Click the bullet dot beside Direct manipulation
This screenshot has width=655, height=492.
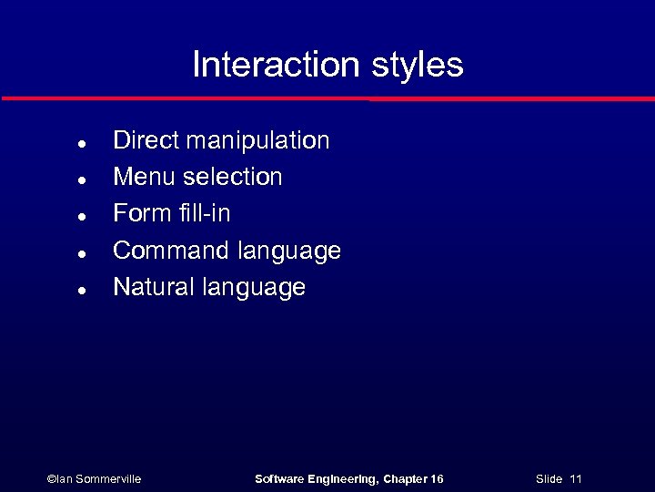point(82,143)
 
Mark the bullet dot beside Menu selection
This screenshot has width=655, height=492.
point(82,179)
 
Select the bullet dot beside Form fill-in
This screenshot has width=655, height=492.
point(82,216)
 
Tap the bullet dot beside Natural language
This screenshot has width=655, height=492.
point(82,290)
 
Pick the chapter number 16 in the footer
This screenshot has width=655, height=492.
point(436,479)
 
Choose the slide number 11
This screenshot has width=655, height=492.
point(575,479)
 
